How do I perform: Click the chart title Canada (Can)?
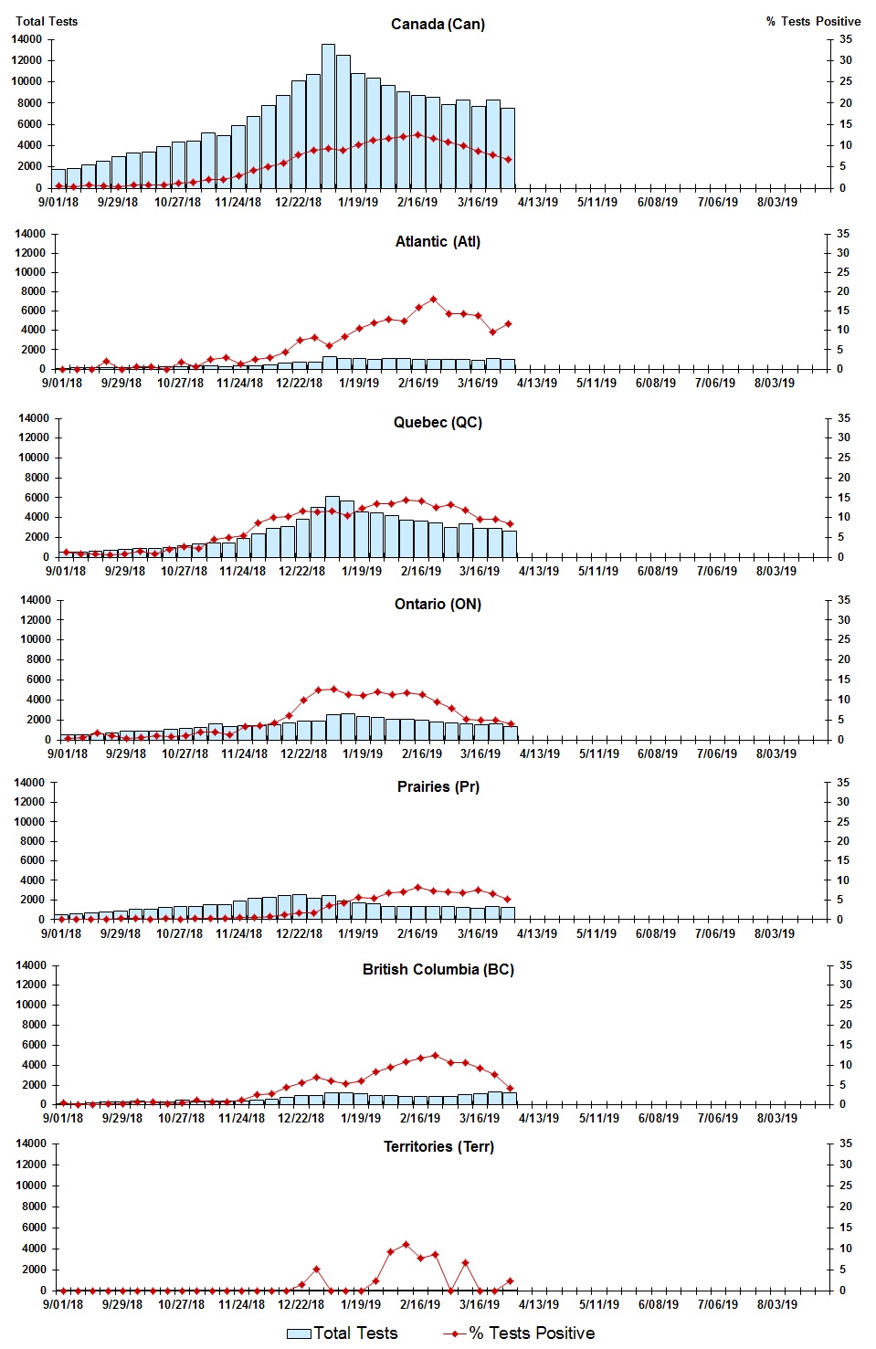pyautogui.click(x=438, y=24)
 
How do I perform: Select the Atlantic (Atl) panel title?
pyautogui.click(x=438, y=241)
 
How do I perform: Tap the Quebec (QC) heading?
pyautogui.click(x=438, y=422)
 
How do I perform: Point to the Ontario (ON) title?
pyautogui.click(x=438, y=604)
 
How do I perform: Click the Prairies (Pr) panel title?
pyautogui.click(x=438, y=786)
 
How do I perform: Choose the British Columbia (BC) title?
pyautogui.click(x=438, y=969)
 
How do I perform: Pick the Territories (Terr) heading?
pyautogui.click(x=438, y=1146)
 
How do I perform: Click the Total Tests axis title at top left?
pyautogui.click(x=47, y=21)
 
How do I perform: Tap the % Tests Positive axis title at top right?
pyautogui.click(x=813, y=21)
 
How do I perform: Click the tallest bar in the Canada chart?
pyautogui.click(x=328, y=116)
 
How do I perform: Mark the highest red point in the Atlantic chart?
pyautogui.click(x=434, y=299)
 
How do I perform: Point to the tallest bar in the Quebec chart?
pyautogui.click(x=332, y=526)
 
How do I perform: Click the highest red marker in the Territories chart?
pyautogui.click(x=406, y=1244)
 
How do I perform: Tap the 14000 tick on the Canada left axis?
pyautogui.click(x=26, y=39)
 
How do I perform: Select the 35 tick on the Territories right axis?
pyautogui.click(x=846, y=1143)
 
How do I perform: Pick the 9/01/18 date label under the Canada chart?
pyautogui.click(x=58, y=202)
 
